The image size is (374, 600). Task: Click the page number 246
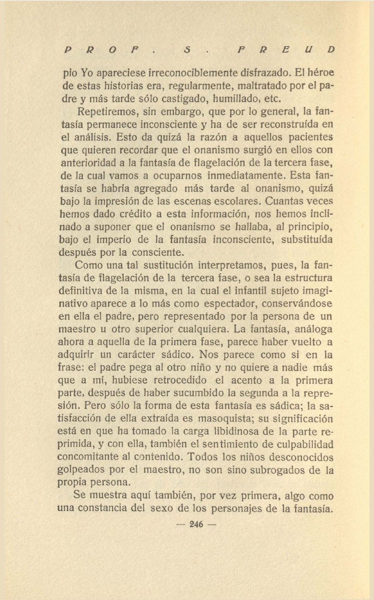(x=196, y=524)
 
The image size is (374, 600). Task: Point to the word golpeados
(x=81, y=470)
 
